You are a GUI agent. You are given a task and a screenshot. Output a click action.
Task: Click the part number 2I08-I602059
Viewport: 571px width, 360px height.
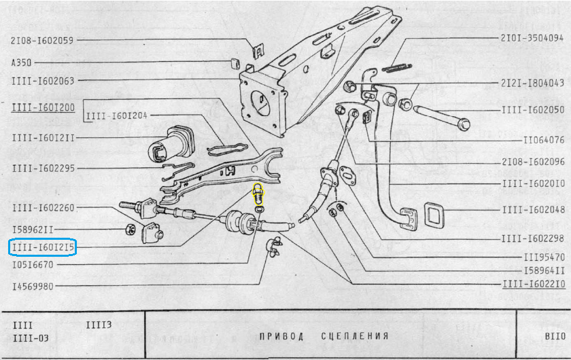42,40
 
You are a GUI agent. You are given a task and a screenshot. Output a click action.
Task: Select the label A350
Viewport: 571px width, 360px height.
22,62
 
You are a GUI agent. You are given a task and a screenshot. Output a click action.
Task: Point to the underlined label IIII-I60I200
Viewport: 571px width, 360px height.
42,107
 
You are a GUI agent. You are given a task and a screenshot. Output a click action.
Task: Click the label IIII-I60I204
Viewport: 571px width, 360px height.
117,115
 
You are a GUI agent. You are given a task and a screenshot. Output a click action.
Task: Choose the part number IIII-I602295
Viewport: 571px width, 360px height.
42,168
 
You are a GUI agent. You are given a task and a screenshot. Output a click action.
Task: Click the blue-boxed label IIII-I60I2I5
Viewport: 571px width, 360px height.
42,247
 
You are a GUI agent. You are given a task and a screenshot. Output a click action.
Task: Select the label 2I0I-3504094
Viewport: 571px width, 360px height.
532,39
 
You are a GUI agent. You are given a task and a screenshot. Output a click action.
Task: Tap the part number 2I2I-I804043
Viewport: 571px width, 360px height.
532,83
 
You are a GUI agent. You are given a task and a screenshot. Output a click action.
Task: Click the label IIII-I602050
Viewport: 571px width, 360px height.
532,109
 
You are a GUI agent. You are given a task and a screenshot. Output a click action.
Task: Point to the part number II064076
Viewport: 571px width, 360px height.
544,141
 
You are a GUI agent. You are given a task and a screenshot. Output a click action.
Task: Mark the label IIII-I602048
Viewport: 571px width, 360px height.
532,211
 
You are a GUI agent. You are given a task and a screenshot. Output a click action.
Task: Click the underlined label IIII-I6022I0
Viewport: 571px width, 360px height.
532,285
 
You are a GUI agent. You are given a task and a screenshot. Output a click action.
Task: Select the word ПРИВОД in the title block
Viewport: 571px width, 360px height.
281,336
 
